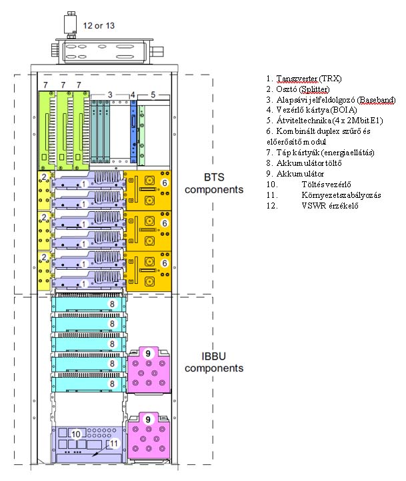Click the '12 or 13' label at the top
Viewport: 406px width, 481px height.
click(x=98, y=26)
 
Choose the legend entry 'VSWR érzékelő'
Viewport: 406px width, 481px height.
click(x=321, y=206)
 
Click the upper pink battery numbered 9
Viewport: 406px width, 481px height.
click(x=150, y=368)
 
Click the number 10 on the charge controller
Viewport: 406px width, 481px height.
click(x=75, y=434)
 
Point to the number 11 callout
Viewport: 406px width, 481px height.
click(x=113, y=442)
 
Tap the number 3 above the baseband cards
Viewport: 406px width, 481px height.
click(x=110, y=95)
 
